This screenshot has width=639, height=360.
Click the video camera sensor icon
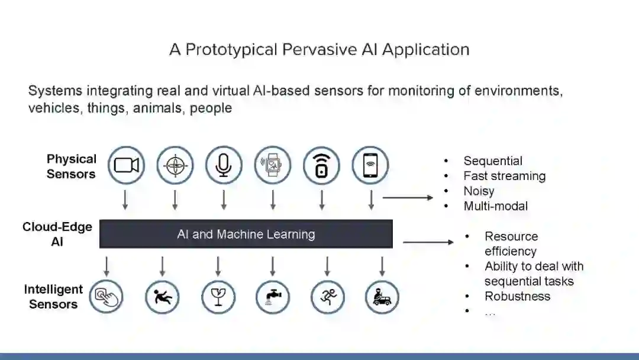coord(127,165)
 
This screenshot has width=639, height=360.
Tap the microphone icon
coord(224,165)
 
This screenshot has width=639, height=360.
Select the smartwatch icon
coord(273,165)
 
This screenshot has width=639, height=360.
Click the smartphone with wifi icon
coord(370,165)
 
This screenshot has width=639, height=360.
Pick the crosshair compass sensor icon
coord(175,165)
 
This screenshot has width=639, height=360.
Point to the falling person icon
coord(162,297)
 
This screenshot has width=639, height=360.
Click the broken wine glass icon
coord(218,297)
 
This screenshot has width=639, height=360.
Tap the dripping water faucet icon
coord(273,297)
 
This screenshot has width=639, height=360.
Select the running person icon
coord(327,297)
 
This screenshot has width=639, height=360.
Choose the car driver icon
coord(382,297)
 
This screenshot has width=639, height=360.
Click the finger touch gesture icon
coord(106,297)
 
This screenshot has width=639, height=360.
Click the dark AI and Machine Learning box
coord(246,234)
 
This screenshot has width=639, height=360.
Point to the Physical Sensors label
coord(71,166)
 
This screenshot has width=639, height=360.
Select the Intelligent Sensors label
coord(53,297)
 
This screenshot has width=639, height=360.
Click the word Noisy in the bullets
coord(479,191)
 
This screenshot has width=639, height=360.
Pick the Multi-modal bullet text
coord(495,206)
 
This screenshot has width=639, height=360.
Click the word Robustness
coord(517,296)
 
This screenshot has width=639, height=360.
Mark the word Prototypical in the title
coord(231,49)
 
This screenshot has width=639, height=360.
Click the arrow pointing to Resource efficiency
coord(428,242)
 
